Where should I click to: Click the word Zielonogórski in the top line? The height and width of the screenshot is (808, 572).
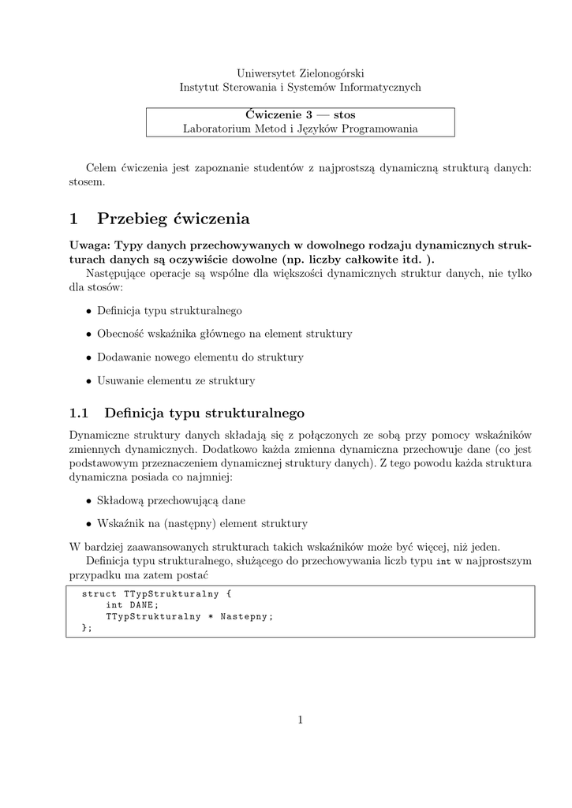(x=331, y=73)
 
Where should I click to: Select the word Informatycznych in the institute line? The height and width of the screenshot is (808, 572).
(x=382, y=87)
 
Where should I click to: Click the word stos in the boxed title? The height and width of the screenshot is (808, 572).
(x=344, y=115)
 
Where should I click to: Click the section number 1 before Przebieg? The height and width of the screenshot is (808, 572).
(x=74, y=218)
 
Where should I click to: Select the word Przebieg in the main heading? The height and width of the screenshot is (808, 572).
(x=135, y=218)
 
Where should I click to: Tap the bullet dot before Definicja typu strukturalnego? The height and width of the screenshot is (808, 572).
(x=88, y=311)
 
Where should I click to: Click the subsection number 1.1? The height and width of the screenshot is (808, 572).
(x=82, y=413)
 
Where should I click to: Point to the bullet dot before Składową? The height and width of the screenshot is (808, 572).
(x=88, y=500)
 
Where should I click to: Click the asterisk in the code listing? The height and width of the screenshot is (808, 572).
(x=211, y=617)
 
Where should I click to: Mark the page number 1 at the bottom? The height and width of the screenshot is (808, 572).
(x=301, y=719)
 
